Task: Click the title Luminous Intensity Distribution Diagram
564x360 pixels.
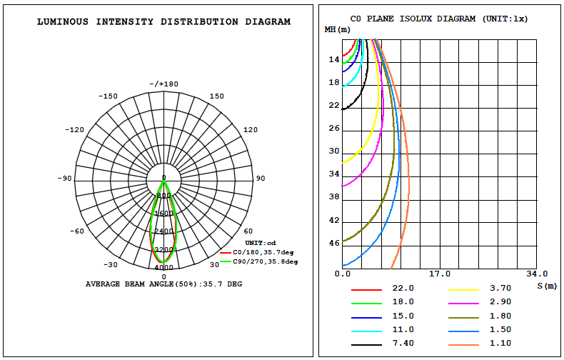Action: pos(163,21)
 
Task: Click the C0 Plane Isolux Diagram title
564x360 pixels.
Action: pos(439,19)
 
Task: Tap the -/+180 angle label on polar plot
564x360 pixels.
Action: pos(164,84)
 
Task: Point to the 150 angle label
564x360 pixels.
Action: pos(216,96)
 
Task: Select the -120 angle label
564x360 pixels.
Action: pos(74,129)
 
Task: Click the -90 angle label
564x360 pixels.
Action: pos(65,178)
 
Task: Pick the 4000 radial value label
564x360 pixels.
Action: pos(164,267)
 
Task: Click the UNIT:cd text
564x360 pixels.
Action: pos(261,243)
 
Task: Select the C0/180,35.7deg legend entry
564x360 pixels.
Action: pos(257,252)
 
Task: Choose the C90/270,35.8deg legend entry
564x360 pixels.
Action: pos(259,261)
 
